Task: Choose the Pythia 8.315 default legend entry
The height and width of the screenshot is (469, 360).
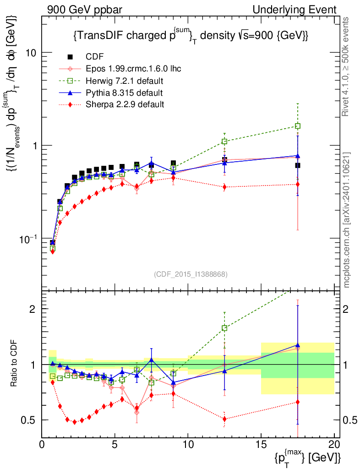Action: pyautogui.click(x=124, y=93)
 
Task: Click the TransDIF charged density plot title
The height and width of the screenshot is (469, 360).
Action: pyautogui.click(x=190, y=36)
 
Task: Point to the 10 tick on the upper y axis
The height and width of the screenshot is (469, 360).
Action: pyautogui.click(x=32, y=52)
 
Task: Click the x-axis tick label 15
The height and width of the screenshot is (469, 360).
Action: pyautogui.click(x=261, y=444)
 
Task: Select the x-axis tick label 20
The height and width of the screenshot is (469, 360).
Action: pyautogui.click(x=334, y=444)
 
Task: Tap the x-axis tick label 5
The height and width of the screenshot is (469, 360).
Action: pyautogui.click(x=115, y=444)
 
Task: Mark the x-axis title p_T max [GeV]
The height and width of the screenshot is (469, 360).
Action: pyautogui.click(x=308, y=457)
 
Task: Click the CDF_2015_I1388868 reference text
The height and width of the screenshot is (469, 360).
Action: pyautogui.click(x=190, y=274)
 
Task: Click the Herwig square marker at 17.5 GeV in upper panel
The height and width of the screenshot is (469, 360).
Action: pyautogui.click(x=298, y=126)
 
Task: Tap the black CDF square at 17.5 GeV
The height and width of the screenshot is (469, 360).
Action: pyautogui.click(x=298, y=165)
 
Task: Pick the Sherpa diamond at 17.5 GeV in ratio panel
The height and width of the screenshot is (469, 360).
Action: pyautogui.click(x=298, y=402)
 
